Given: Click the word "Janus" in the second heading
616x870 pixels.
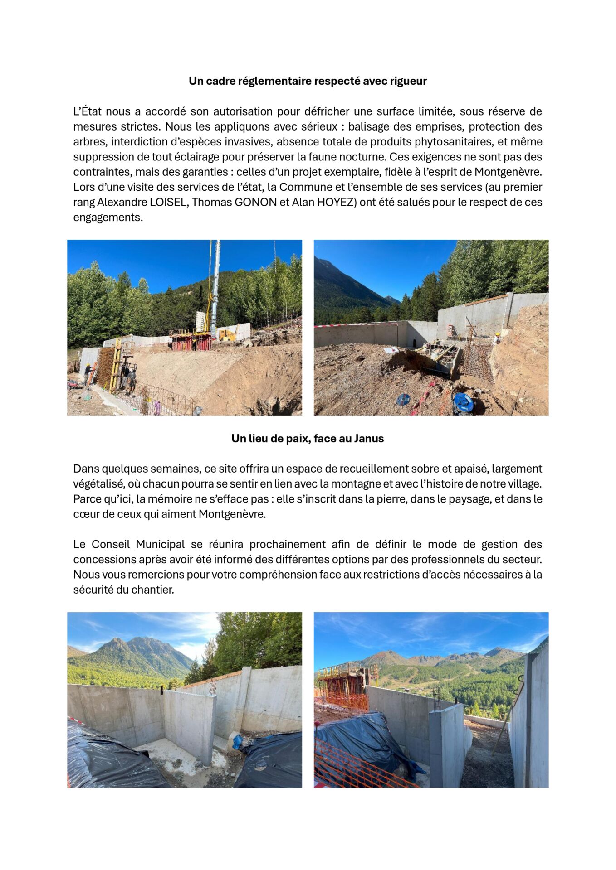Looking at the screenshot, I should click(369, 439).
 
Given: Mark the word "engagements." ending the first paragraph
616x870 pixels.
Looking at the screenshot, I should click(108, 217).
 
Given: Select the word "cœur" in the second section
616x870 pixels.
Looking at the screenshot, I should click(84, 514).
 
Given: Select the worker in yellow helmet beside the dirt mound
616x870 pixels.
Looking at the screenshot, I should click(497, 338).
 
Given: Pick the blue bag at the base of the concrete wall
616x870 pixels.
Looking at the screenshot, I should click(238, 743).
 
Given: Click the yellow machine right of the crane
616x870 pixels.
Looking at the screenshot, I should click(228, 334).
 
